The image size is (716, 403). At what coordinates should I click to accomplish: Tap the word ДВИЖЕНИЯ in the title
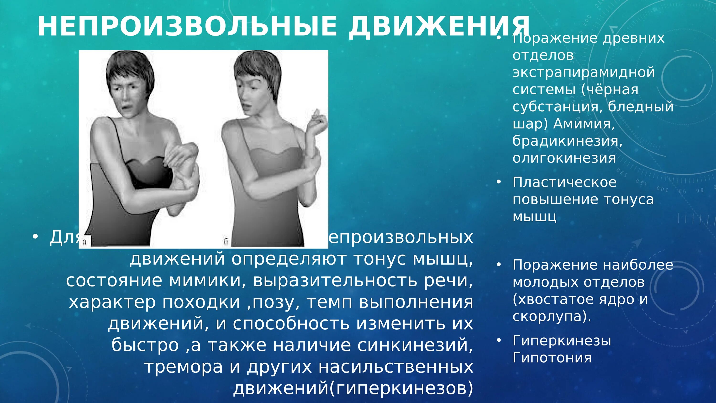[x=439, y=27]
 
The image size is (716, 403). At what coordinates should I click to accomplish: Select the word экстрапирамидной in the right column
[x=583, y=72]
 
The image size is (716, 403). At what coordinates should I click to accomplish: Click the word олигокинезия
[x=564, y=158]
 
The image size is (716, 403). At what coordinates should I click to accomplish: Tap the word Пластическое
[x=564, y=182]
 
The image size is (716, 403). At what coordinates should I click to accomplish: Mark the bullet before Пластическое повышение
[x=499, y=182]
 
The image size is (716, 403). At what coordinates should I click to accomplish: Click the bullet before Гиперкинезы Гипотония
[x=499, y=340]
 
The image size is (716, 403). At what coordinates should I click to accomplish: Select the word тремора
[x=184, y=367]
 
